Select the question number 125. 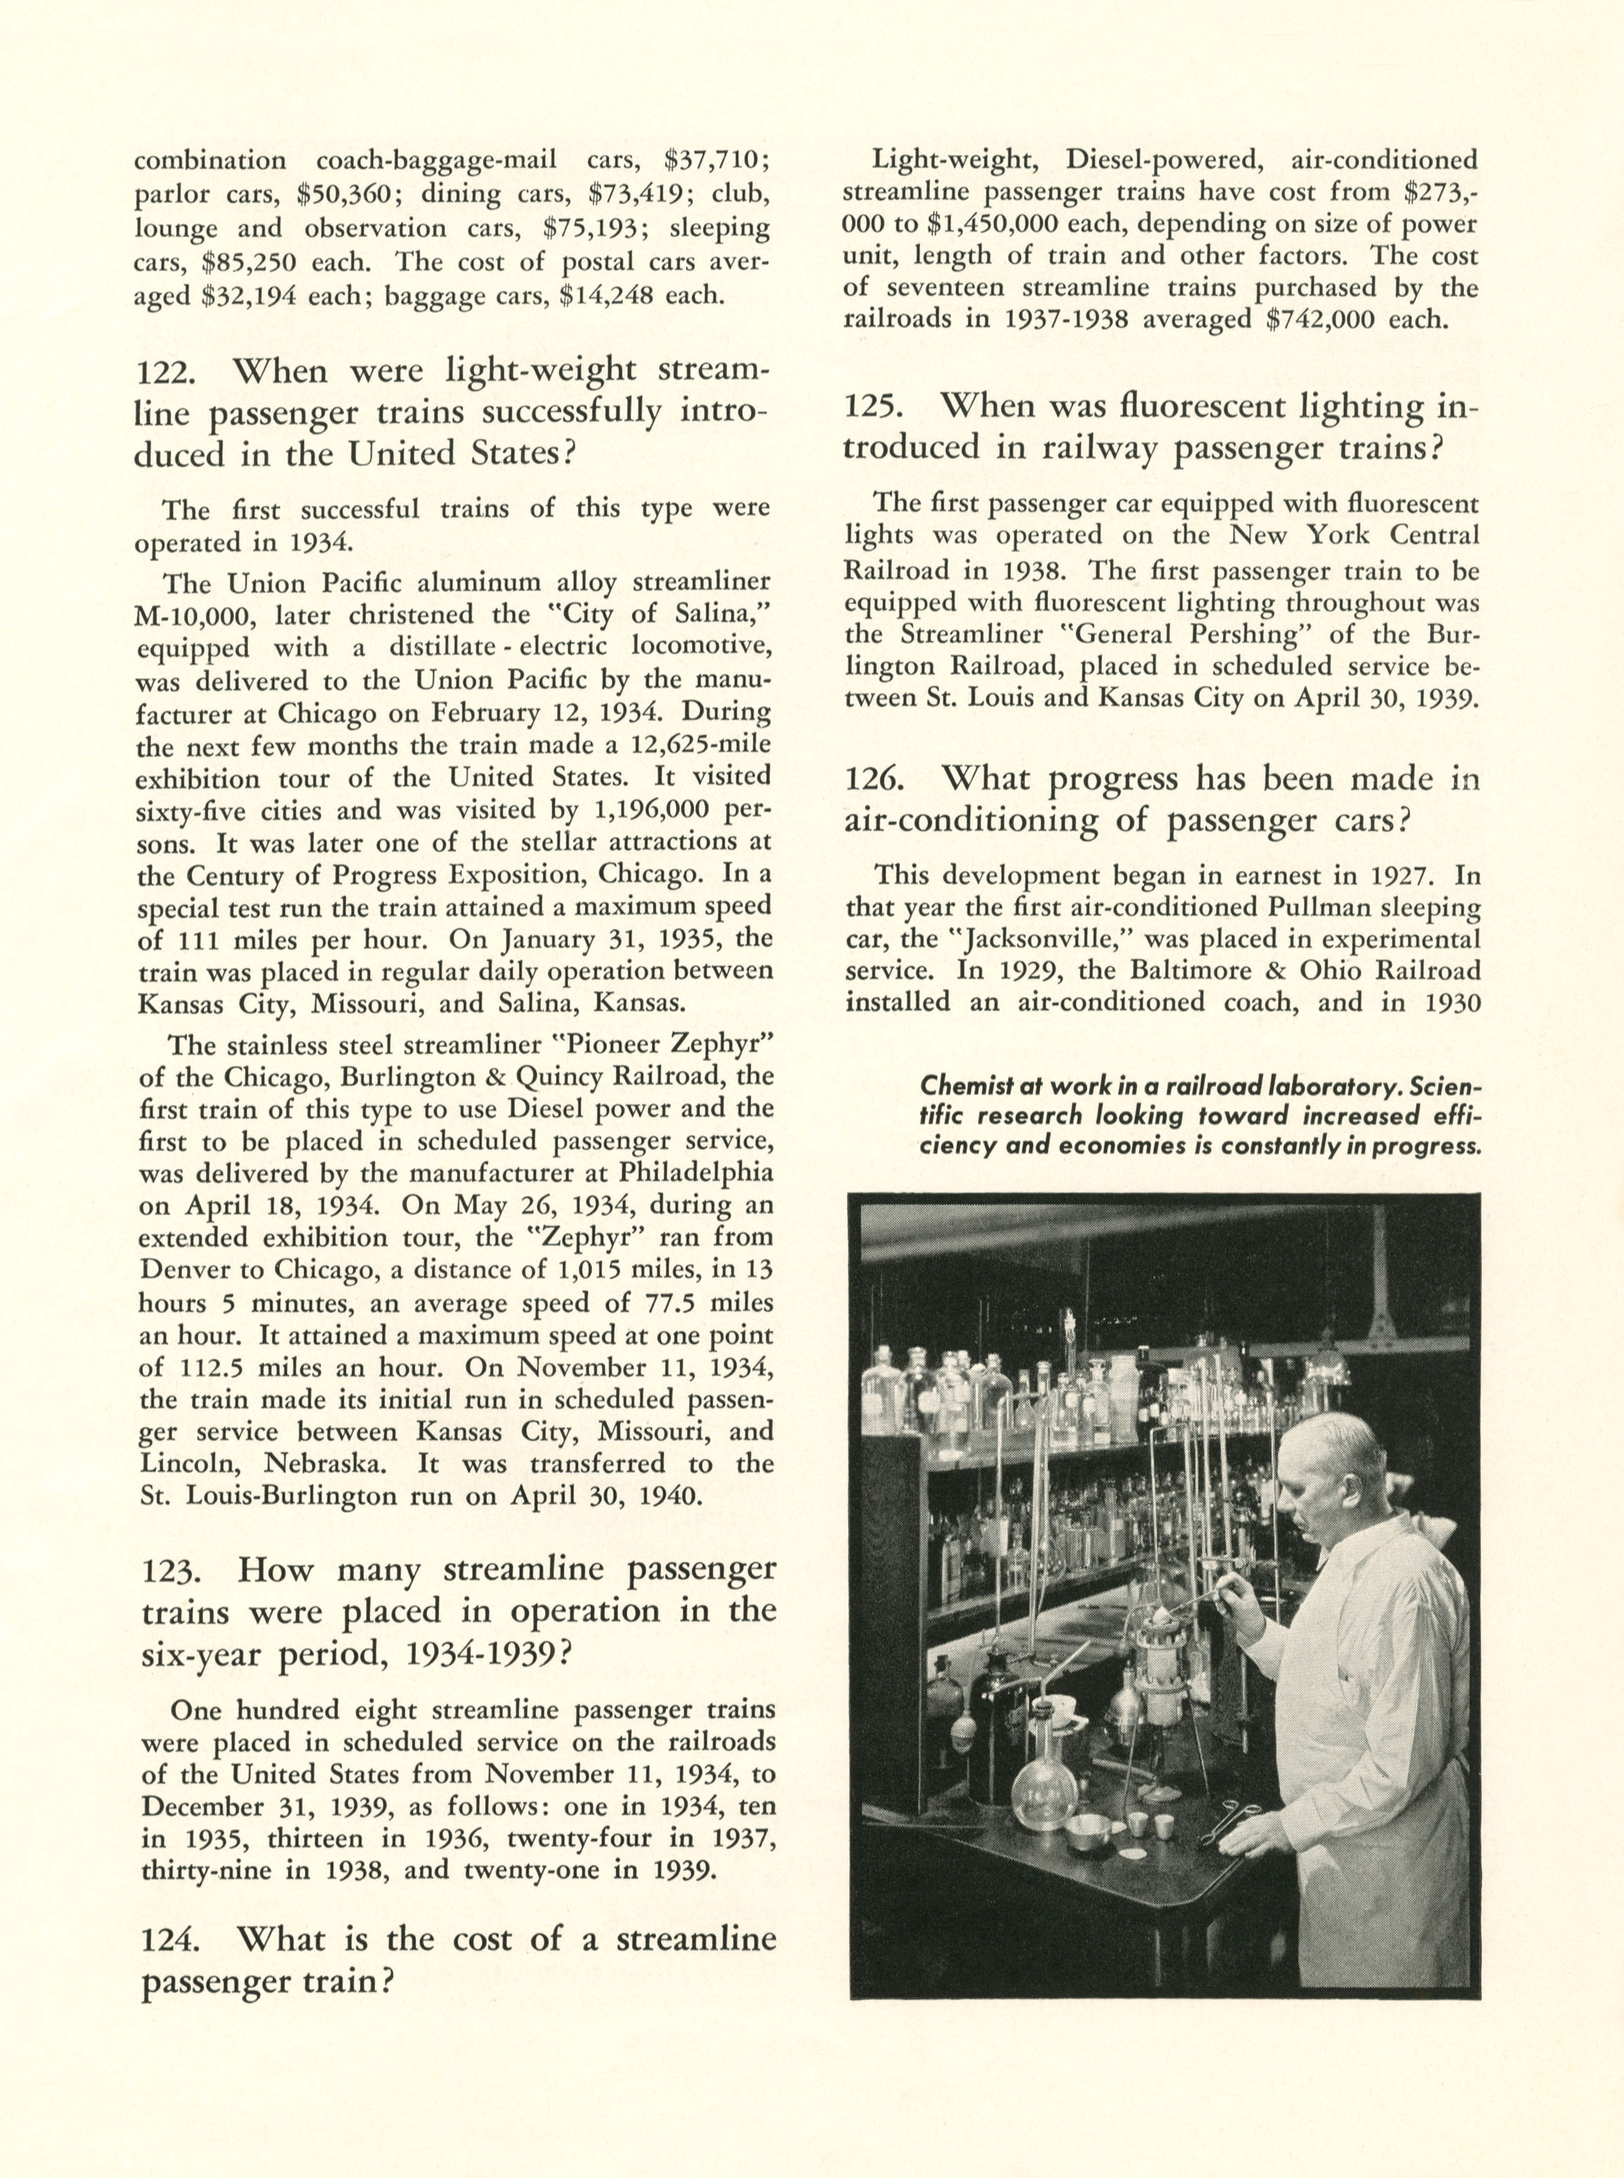coord(871,407)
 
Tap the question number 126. coord(872,779)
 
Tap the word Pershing coord(1210,634)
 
